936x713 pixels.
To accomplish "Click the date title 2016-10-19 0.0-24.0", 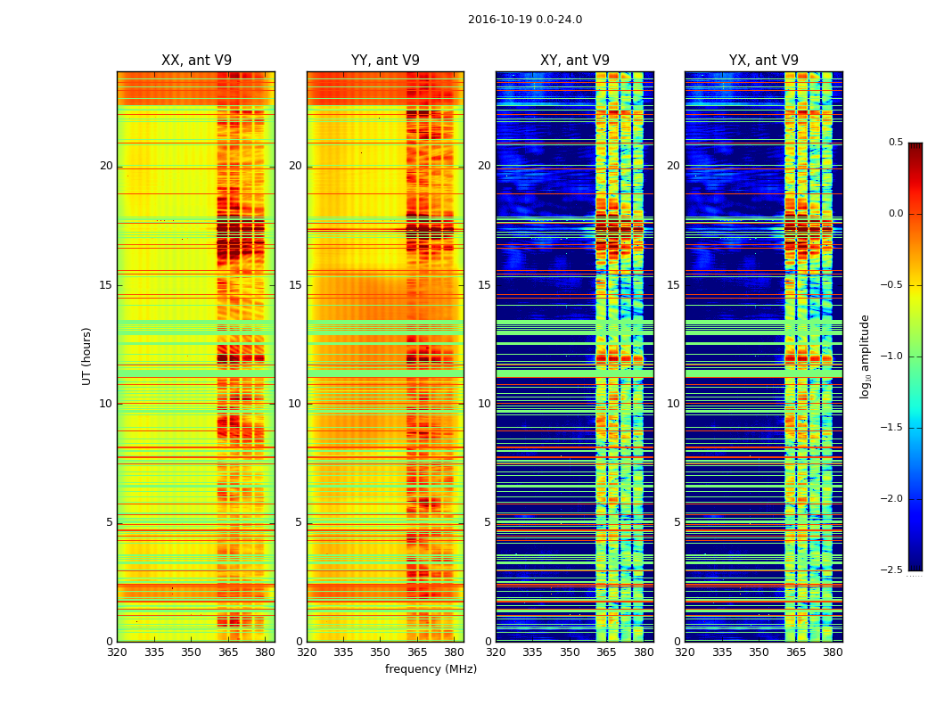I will [525, 20].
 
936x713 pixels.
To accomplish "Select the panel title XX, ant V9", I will [196, 61].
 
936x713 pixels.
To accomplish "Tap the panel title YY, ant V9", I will [385, 61].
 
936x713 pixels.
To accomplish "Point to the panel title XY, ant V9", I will [575, 61].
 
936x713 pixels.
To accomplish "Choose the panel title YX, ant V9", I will [764, 61].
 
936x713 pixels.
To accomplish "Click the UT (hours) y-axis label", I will [87, 356].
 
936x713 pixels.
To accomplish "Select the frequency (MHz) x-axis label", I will [431, 669].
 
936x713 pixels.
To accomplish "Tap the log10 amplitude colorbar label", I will [865, 356].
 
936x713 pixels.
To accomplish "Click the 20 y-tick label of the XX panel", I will [106, 166].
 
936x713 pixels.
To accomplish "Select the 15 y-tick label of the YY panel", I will [295, 285].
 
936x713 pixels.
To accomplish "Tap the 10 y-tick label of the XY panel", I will [484, 404].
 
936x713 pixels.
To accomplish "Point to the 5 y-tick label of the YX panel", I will [677, 522].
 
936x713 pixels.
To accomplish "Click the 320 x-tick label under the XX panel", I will [117, 652].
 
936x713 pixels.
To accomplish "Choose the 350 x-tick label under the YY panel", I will [380, 652].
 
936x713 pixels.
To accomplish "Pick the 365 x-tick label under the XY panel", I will [606, 652].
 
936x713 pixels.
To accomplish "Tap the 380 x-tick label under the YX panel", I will [833, 652].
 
